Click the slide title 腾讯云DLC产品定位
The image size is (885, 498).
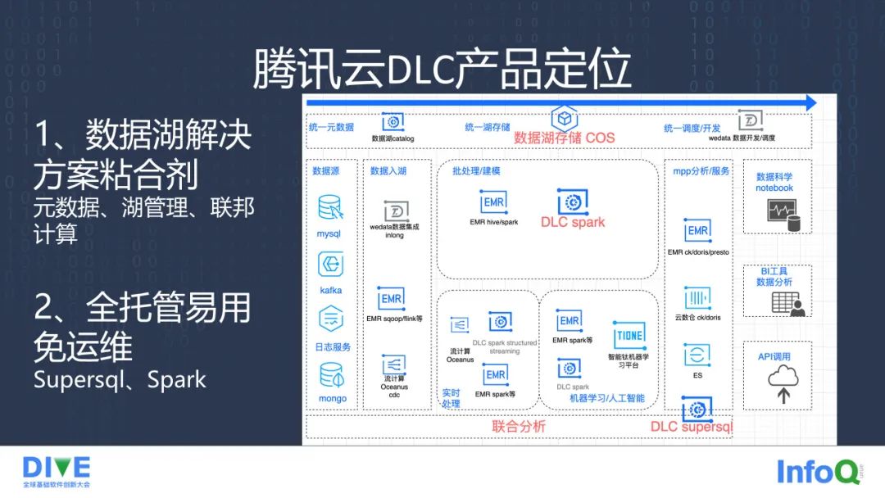pos(442,69)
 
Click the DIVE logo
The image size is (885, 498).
pos(57,468)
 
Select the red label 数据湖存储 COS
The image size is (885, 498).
pos(564,138)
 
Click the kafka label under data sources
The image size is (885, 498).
pos(331,290)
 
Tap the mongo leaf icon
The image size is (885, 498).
pos(331,376)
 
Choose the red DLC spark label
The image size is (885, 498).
pos(573,222)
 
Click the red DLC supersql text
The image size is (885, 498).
pos(691,427)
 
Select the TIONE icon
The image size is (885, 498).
pos(629,336)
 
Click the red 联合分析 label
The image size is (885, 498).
pos(518,426)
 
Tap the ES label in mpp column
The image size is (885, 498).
pos(697,375)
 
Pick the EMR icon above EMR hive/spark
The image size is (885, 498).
pos(493,201)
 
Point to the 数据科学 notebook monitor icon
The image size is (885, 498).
pos(782,215)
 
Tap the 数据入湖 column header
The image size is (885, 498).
pos(388,171)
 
